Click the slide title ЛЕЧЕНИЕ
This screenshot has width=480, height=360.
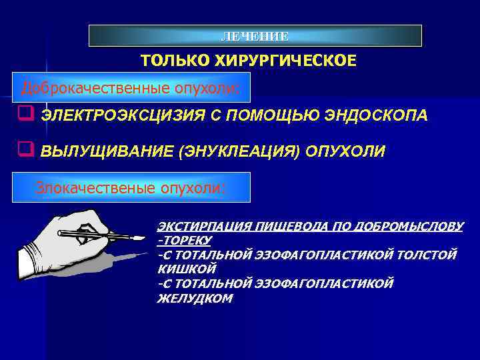click(x=255, y=36)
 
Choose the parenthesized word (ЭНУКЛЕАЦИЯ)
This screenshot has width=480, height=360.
click(x=239, y=151)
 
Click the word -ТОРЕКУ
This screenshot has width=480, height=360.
click(x=184, y=240)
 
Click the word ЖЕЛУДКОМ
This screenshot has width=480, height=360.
click(x=195, y=299)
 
